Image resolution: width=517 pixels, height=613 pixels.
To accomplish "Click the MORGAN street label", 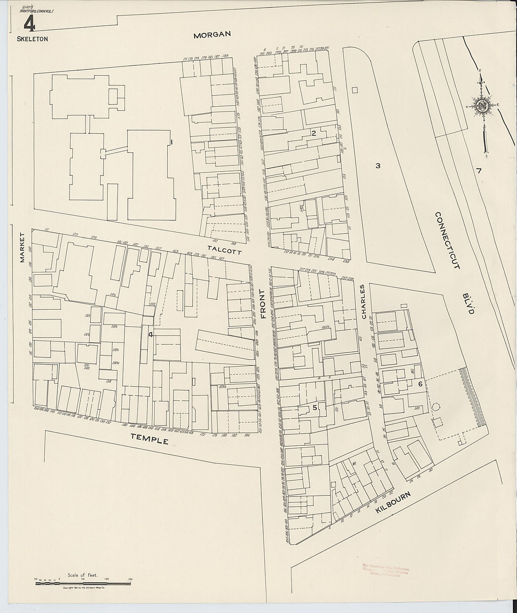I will pos(213,34).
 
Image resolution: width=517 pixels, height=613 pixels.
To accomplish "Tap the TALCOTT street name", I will pos(226,249).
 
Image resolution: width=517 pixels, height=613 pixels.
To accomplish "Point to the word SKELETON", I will pos(32,39).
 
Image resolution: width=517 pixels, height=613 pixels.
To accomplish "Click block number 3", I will pos(377,165).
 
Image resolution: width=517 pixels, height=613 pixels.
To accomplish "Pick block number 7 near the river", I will pos(478,171).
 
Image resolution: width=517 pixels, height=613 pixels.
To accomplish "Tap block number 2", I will pos(313,133).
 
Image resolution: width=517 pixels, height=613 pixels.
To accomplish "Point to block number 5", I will pos(314,408).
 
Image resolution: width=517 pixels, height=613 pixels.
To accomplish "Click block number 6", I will pos(421,384).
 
